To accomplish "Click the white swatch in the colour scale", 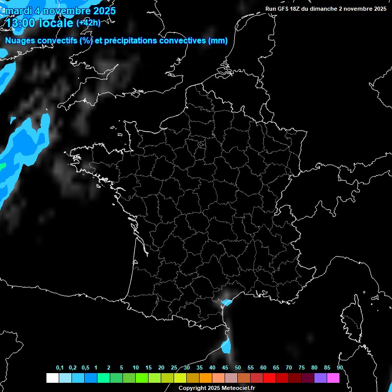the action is click(52, 378).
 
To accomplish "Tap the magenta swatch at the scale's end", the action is click(333, 378).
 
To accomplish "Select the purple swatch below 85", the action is click(321, 378).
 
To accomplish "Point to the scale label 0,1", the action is click(60, 368).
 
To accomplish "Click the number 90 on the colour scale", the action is click(339, 368).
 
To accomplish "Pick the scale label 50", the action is click(238, 368).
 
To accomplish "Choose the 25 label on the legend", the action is click(174, 368).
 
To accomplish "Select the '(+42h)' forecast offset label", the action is click(88, 23).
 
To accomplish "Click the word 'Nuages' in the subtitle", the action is click(19, 41).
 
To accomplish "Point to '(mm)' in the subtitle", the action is click(218, 41).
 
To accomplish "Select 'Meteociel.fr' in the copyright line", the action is click(238, 388).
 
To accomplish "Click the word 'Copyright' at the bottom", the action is click(192, 388).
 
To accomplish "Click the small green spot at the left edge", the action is click(2, 166).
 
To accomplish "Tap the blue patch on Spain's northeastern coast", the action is click(226, 347).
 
